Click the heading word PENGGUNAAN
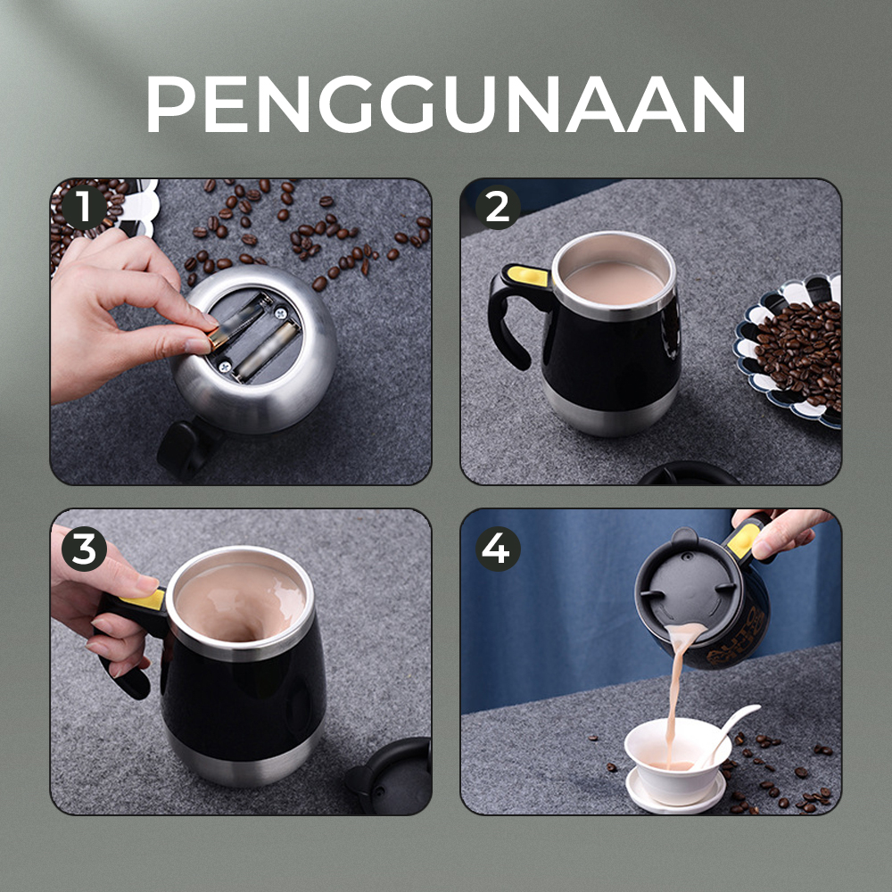445,104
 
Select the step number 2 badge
497,209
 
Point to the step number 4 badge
497,549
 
